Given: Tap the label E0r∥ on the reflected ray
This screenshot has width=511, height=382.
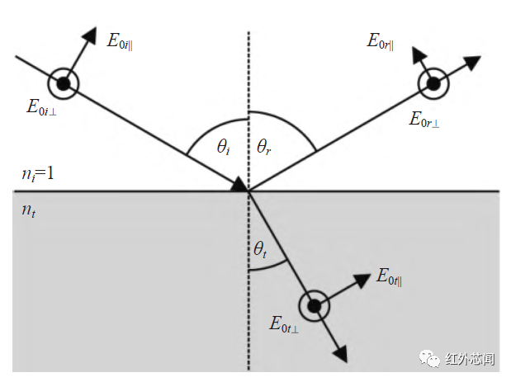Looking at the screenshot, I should click(x=381, y=41).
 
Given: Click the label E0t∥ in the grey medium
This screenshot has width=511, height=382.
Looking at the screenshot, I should click(x=395, y=277).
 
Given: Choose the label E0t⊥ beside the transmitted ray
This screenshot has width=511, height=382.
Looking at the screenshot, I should click(x=284, y=324).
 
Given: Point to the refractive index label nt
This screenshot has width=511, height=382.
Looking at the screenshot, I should click(x=29, y=211).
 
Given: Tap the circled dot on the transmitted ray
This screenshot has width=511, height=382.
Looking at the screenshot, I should click(x=314, y=306).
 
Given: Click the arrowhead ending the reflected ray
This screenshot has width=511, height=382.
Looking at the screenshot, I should click(x=473, y=61).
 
